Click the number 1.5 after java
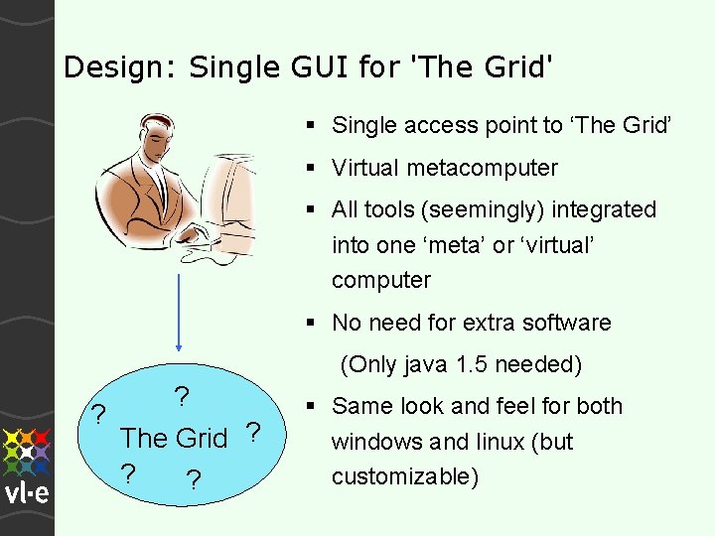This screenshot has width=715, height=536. [x=478, y=364]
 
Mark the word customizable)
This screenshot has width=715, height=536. [x=405, y=476]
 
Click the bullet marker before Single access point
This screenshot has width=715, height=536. [x=312, y=125]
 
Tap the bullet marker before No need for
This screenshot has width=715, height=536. [x=312, y=323]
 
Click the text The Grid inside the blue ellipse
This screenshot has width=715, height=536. [x=174, y=437]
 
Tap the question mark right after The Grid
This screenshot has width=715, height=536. [x=252, y=433]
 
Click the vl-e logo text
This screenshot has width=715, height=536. [x=26, y=493]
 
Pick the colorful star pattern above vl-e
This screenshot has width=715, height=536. [x=27, y=451]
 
